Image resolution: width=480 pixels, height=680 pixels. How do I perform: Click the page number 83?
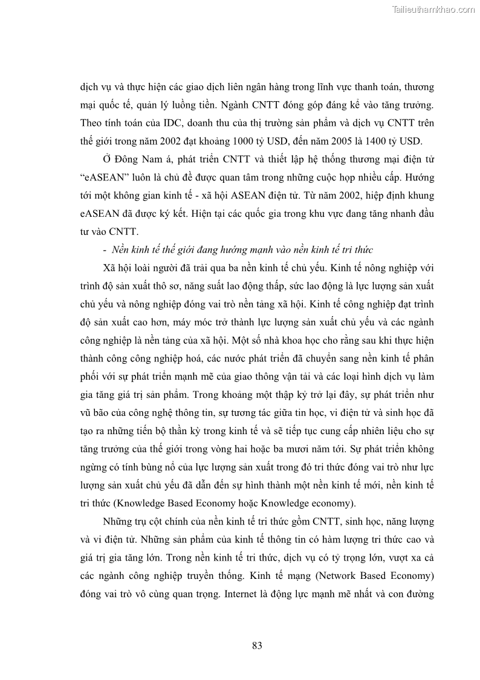coord(257,646)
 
